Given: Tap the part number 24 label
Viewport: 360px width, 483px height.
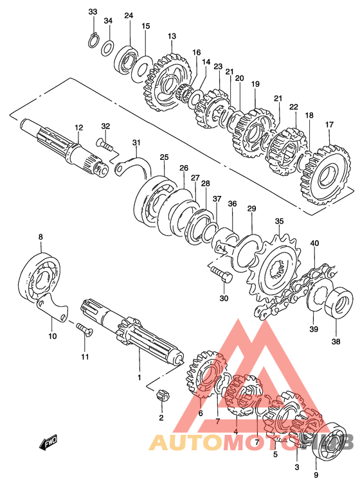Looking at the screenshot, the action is (x=129, y=15).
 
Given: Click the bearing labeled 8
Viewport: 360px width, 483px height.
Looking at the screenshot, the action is (x=39, y=277).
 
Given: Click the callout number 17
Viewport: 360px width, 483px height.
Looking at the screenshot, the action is (x=329, y=125).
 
